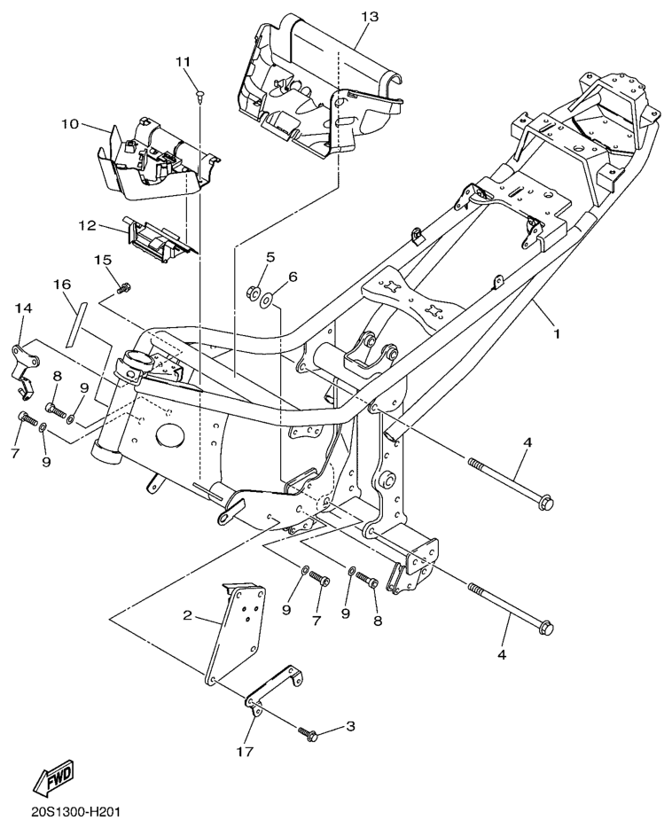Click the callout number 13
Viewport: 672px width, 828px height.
click(x=370, y=18)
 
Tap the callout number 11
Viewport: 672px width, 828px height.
click(x=183, y=61)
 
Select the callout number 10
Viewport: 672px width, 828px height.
click(x=70, y=123)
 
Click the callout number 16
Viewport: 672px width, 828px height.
click(x=61, y=285)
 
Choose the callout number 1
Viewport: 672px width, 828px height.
click(x=557, y=335)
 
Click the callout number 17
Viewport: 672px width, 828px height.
click(x=245, y=752)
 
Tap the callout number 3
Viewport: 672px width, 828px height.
click(x=350, y=726)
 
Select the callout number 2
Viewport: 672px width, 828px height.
click(x=187, y=614)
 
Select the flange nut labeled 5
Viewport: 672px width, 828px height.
click(x=251, y=291)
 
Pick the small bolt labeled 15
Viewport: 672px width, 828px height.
click(x=125, y=285)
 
